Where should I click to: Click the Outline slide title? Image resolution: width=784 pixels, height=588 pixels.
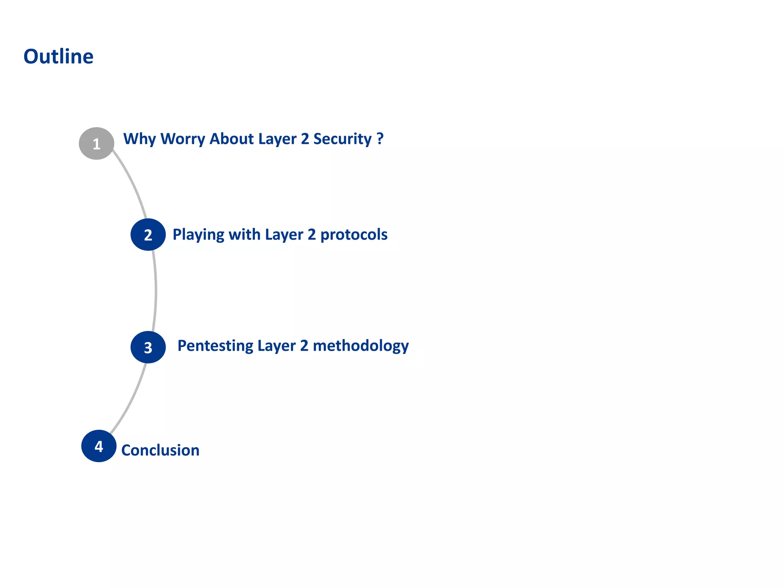[x=58, y=57]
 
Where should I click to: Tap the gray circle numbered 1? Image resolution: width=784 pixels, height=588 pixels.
[x=96, y=144]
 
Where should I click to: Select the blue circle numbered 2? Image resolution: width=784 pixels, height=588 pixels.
[x=148, y=235]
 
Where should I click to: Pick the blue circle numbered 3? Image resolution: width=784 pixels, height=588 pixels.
[x=148, y=347]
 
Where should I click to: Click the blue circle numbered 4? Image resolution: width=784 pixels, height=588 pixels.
[x=99, y=446]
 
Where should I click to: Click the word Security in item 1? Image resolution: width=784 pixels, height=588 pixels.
[x=342, y=139]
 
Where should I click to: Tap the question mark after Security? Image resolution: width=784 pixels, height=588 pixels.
[x=380, y=138]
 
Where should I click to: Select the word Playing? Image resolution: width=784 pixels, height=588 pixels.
[x=198, y=235]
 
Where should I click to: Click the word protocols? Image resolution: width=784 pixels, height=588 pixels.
[x=354, y=235]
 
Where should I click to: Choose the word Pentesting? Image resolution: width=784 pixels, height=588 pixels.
[x=215, y=346]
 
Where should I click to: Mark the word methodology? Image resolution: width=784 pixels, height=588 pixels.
[x=361, y=346]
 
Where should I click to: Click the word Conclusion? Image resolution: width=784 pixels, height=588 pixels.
[x=160, y=450]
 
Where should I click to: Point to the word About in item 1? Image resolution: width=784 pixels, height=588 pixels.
[x=231, y=139]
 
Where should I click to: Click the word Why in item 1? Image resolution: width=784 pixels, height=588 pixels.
[x=139, y=139]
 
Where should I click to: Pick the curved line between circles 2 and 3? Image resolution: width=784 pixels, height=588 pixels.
[x=156, y=291]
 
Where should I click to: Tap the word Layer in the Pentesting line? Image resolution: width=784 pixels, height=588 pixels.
[x=276, y=346]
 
